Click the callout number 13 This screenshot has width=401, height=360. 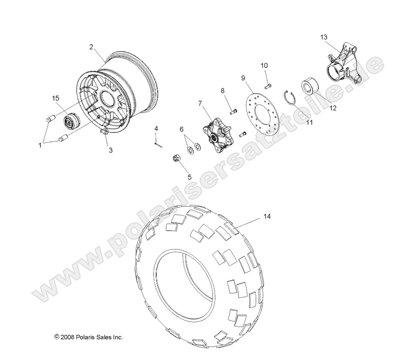(x=324, y=37)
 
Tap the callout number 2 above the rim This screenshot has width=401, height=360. (x=92, y=47)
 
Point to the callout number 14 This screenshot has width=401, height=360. (x=267, y=203)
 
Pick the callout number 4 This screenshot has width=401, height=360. (x=156, y=128)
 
